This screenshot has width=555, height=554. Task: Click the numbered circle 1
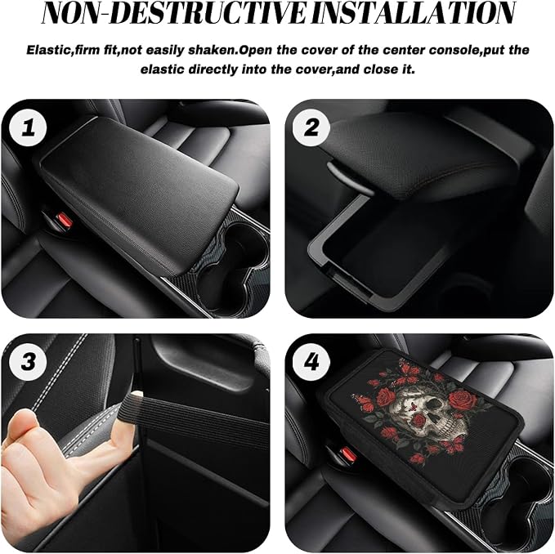pos(28,127)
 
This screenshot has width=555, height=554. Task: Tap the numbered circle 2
pos(311,127)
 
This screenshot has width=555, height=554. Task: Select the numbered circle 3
pos(28,362)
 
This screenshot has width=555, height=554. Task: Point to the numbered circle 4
pos(311,362)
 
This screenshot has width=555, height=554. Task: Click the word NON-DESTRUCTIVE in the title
pos(174,13)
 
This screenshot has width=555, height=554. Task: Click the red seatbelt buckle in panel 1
pos(64,220)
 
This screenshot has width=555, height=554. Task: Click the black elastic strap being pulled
pos(198,418)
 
